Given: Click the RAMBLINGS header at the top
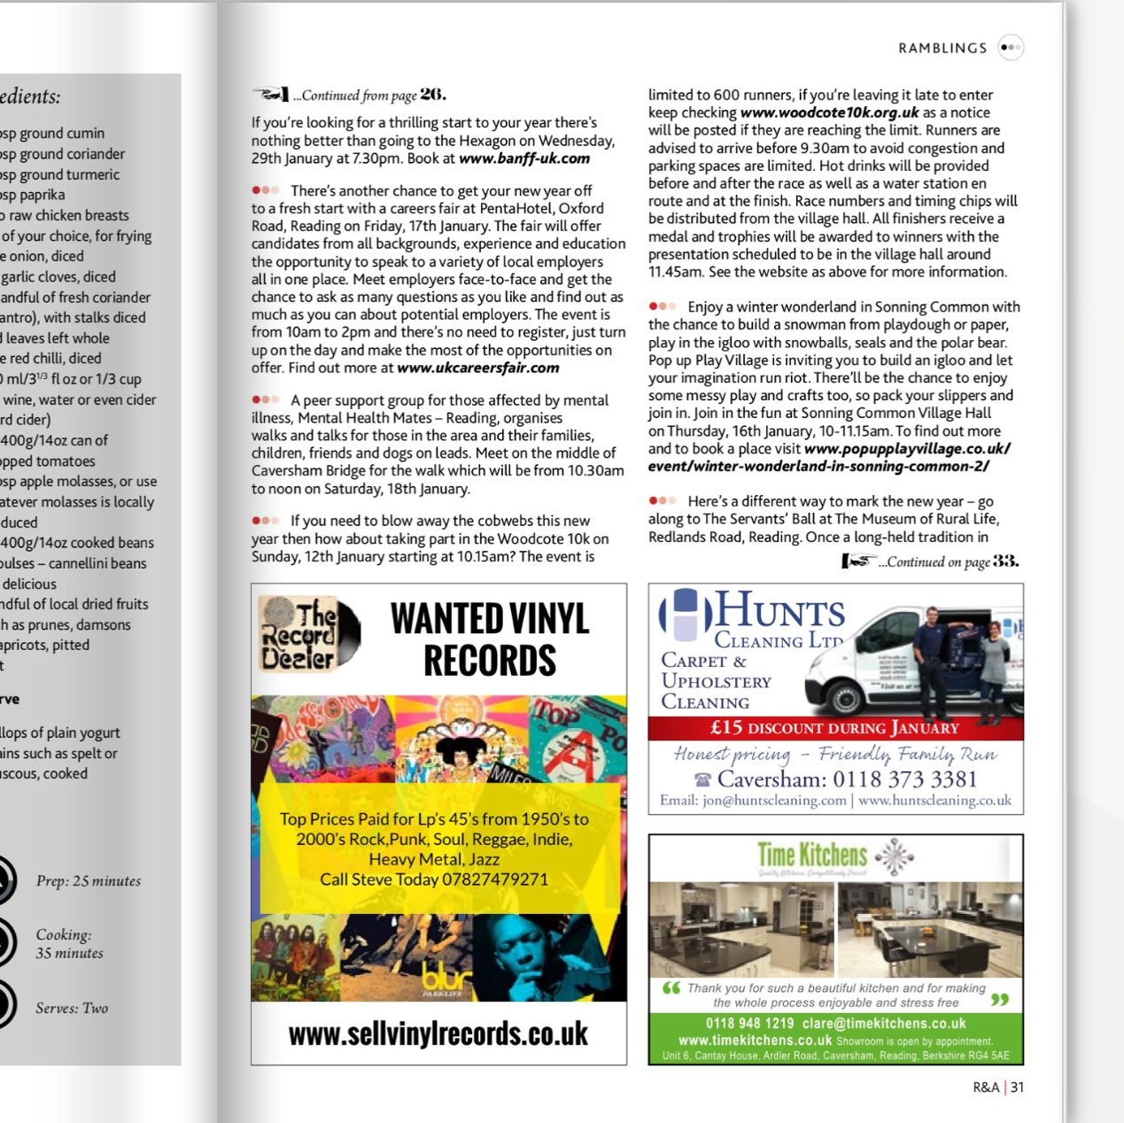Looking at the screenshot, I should tap(942, 48).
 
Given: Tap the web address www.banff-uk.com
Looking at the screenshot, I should tap(524, 159).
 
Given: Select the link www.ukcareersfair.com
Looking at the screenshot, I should tap(478, 368).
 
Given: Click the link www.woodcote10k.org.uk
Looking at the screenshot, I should tap(829, 112).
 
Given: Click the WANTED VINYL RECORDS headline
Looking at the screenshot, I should tap(490, 639).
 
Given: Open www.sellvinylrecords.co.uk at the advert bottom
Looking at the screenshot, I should tap(438, 1034).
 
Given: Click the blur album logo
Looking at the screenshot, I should tap(447, 978).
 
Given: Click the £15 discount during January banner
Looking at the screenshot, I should tap(834, 728).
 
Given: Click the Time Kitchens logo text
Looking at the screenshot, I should tap(812, 855).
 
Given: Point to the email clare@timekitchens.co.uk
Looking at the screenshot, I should tap(884, 1024).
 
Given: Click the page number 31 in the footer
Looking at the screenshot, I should tap(1018, 1088).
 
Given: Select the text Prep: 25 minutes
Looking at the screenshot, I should tap(89, 881).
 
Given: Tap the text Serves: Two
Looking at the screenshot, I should tap(72, 1008).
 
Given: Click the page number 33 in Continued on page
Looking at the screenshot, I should tap(1005, 561).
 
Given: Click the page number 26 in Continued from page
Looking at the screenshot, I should tap(432, 95).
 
